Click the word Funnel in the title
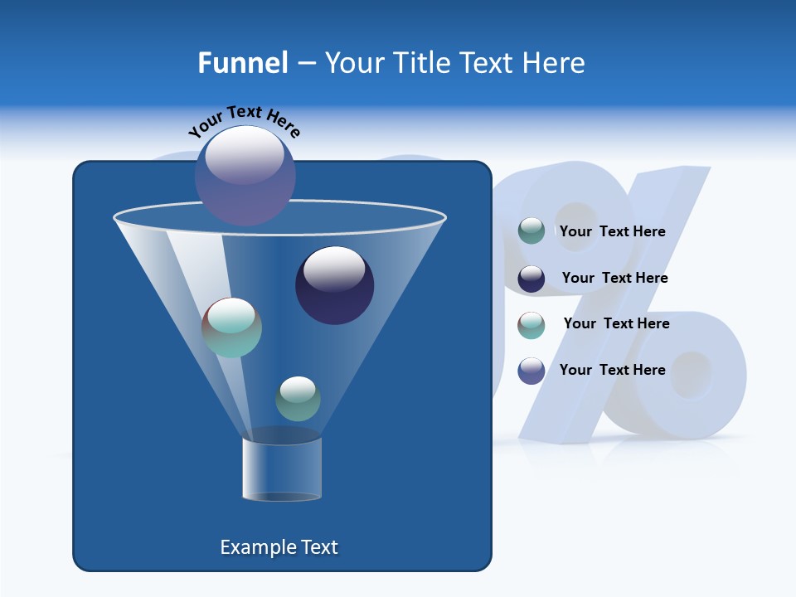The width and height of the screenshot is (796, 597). (x=242, y=63)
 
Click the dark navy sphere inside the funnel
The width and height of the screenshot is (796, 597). (x=334, y=285)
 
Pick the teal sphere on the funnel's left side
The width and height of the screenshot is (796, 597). (x=231, y=328)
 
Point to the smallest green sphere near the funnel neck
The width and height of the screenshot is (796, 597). (x=298, y=399)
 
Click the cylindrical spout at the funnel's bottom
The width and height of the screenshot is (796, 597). (x=282, y=468)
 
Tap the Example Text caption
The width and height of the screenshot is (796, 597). (x=279, y=547)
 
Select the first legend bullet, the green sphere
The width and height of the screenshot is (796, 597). (x=531, y=231)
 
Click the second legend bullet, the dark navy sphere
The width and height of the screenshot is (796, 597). (x=531, y=279)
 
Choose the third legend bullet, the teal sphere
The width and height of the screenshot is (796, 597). (x=531, y=324)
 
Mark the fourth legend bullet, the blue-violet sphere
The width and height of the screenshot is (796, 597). (x=531, y=371)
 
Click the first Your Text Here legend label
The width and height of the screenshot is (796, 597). (x=612, y=231)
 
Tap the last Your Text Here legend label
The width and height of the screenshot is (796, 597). (x=612, y=370)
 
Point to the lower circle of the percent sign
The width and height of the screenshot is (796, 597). (x=691, y=377)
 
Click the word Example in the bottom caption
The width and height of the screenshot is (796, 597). (x=250, y=547)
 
